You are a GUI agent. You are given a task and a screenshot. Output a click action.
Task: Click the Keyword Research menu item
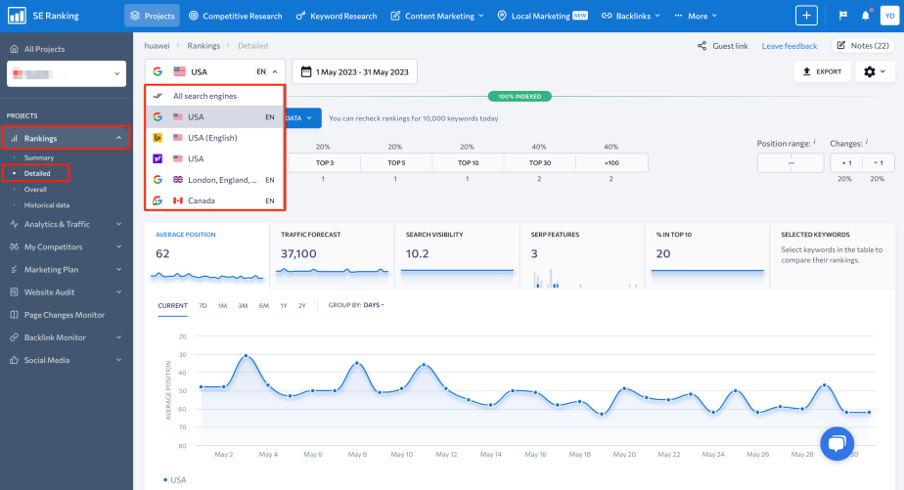(338, 16)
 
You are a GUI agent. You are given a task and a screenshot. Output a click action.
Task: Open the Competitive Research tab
(235, 16)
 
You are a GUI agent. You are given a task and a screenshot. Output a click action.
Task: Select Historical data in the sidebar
(46, 204)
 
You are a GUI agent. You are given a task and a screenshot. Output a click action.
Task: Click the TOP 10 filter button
(468, 163)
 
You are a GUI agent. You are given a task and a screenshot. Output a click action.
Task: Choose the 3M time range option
(242, 305)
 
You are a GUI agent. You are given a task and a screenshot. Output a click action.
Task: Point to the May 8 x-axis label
(358, 455)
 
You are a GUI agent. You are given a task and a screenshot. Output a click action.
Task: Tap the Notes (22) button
(862, 46)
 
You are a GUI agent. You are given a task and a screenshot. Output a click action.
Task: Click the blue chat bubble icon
(836, 444)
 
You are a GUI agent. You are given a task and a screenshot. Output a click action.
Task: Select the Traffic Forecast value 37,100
(298, 253)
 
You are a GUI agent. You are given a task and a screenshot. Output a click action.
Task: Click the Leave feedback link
(789, 46)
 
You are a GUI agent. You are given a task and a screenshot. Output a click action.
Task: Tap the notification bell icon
(866, 16)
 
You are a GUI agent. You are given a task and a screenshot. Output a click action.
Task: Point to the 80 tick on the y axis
(182, 446)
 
